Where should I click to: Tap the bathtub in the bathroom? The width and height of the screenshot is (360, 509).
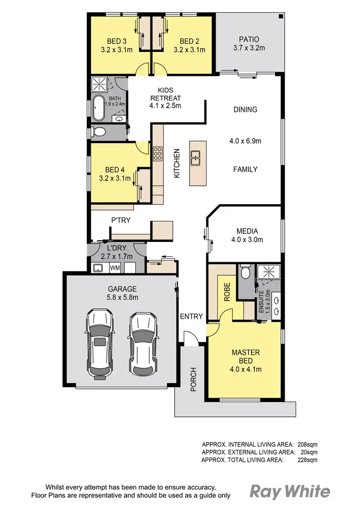(x=98, y=109)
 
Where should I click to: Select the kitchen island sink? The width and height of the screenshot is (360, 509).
(x=195, y=157)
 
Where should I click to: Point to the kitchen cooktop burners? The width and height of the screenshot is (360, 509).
(x=157, y=153)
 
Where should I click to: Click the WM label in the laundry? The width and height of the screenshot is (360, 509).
(x=115, y=267)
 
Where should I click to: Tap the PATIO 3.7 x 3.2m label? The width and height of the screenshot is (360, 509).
(x=249, y=44)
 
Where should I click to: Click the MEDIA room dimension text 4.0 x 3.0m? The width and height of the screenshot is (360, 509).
(x=247, y=240)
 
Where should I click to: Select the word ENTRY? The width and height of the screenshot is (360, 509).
(x=191, y=316)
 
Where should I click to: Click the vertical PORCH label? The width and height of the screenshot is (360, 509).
(x=193, y=379)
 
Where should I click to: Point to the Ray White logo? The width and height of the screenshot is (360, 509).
(x=290, y=491)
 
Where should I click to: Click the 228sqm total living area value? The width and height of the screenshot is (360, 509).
(x=308, y=460)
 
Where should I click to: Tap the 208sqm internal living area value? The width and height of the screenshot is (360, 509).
(x=308, y=444)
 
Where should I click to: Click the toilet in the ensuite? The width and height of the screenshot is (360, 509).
(x=245, y=273)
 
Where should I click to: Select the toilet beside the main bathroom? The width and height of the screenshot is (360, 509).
(x=99, y=132)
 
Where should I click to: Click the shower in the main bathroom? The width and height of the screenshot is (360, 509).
(x=99, y=85)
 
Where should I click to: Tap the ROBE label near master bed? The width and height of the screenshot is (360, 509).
(x=227, y=292)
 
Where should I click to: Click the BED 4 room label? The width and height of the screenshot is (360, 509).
(x=115, y=174)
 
